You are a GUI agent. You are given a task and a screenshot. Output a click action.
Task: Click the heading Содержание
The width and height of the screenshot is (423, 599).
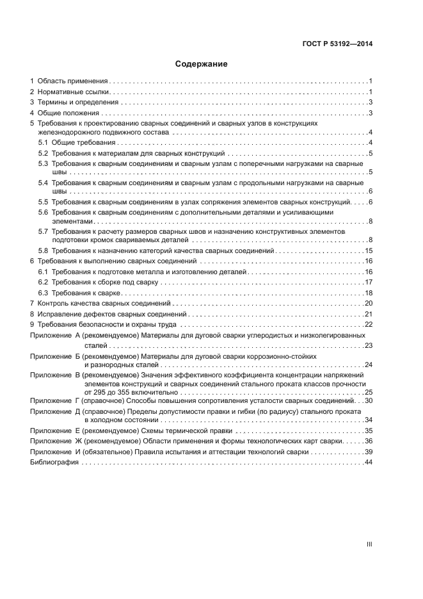[x=202, y=64]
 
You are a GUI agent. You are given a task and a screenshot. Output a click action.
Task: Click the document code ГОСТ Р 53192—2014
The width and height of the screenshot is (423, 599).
[x=337, y=44]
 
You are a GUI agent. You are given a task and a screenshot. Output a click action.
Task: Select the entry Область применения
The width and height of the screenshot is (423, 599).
[x=72, y=81]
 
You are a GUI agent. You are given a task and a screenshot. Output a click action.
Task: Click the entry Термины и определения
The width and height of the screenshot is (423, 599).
[x=77, y=103]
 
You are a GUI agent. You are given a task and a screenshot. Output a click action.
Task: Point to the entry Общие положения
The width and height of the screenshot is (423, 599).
[x=67, y=113]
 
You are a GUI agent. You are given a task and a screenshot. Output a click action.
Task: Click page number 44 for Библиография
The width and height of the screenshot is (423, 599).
[x=368, y=462]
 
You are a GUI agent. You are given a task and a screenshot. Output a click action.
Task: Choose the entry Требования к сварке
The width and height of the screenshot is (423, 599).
[x=86, y=292]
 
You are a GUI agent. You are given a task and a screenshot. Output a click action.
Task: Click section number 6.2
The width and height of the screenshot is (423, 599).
[x=43, y=282]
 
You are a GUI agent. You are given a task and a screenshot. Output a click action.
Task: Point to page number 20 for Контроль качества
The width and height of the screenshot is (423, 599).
[x=368, y=303]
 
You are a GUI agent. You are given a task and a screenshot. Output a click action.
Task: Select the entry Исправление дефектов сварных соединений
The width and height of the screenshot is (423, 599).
[x=112, y=314]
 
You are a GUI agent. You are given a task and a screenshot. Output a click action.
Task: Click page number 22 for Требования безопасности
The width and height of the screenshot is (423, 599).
[x=368, y=324]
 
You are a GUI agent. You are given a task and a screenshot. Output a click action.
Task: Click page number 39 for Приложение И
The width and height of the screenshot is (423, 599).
[x=368, y=452]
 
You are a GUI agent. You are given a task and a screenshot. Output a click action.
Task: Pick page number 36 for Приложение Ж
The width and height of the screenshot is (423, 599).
[x=368, y=441]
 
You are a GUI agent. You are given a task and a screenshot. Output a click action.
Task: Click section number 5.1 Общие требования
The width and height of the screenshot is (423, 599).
[x=43, y=142]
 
